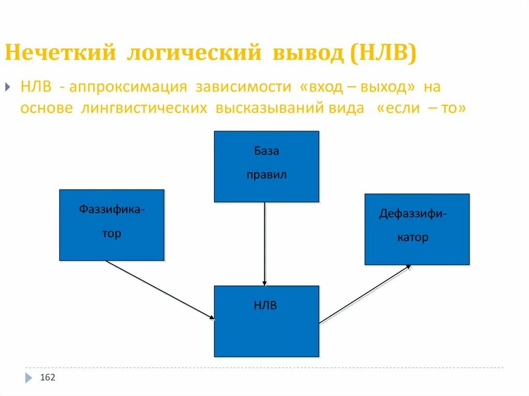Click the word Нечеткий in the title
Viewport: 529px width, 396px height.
click(60, 54)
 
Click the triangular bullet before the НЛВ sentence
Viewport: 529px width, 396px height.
click(8, 87)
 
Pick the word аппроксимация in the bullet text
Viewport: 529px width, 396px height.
click(128, 87)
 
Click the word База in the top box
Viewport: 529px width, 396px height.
click(266, 151)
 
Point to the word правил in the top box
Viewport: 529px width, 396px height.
click(266, 175)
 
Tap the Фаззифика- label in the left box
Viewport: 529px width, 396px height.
click(112, 210)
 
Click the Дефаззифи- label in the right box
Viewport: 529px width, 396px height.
click(413, 214)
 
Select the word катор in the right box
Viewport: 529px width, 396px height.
click(413, 237)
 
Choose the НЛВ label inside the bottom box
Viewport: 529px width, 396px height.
click(266, 306)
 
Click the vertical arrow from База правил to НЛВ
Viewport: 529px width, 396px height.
click(264, 243)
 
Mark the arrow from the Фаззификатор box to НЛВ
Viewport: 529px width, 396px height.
click(160, 290)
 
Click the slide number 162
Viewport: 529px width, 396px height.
click(48, 378)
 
